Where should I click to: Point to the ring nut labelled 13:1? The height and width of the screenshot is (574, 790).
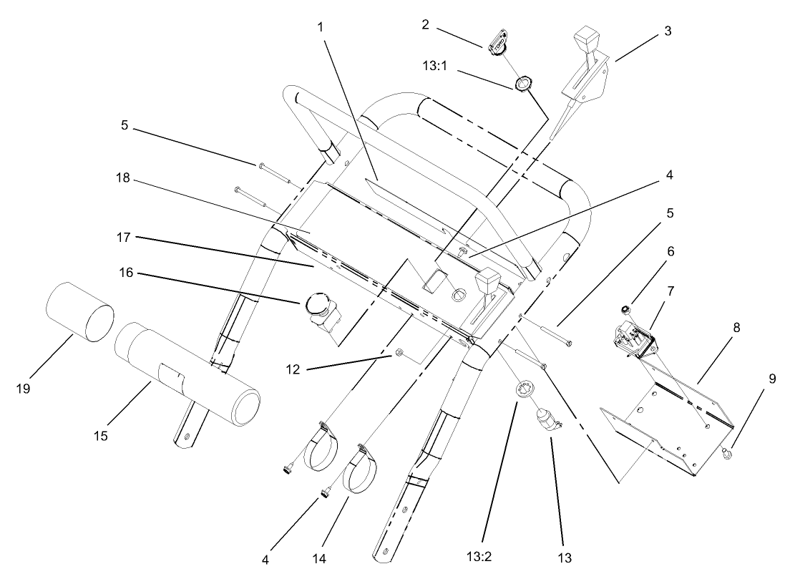coord(524,84)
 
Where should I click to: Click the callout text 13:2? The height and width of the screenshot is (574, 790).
coord(483,555)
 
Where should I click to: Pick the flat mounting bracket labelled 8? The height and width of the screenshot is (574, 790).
coord(665,422)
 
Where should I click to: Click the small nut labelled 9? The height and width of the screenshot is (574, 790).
coord(727,452)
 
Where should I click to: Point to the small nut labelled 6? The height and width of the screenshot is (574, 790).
coord(625,310)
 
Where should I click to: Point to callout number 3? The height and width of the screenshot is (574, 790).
coord(667,31)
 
